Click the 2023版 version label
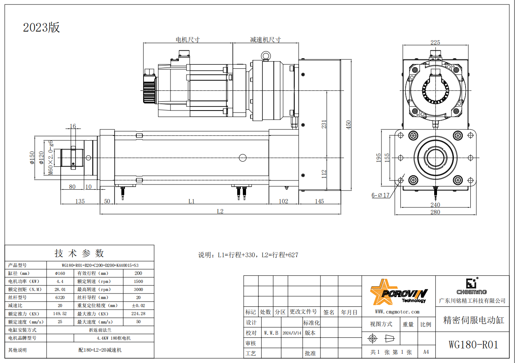[x=41, y=28]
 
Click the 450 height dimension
[x=348, y=125]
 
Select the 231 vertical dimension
[x=324, y=124]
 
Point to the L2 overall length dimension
[x=220, y=211]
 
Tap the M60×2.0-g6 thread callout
[x=51, y=158]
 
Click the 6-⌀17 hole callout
[x=380, y=195]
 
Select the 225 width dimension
[x=435, y=43]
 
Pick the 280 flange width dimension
[x=435, y=212]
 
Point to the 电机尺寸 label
[x=188, y=39]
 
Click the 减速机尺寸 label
[x=266, y=39]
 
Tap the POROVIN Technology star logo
[x=398, y=292]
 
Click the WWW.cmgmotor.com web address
[x=397, y=312]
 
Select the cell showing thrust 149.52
[x=60, y=314]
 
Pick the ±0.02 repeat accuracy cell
[x=138, y=306]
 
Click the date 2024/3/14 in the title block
[x=292, y=333]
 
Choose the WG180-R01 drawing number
[x=473, y=345]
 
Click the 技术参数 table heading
[x=79, y=253]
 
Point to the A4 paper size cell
[x=426, y=352]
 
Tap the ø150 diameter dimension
[x=32, y=158]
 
